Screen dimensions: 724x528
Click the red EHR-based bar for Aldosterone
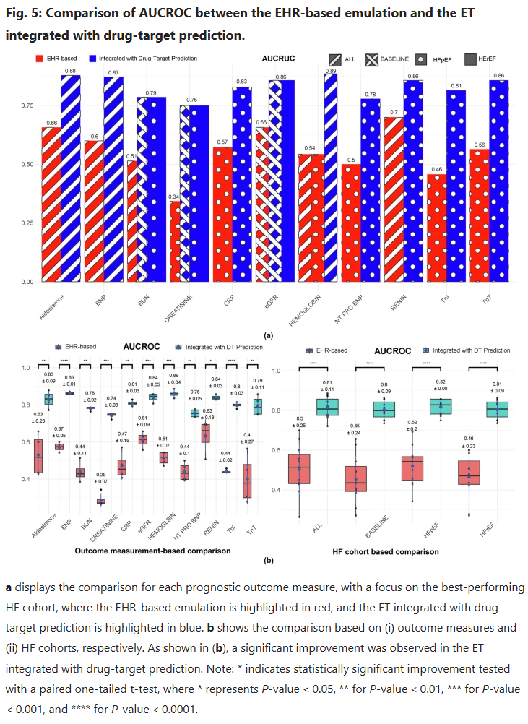click(51, 206)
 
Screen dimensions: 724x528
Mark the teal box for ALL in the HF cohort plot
click(327, 408)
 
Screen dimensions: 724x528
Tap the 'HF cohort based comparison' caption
click(386, 551)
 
